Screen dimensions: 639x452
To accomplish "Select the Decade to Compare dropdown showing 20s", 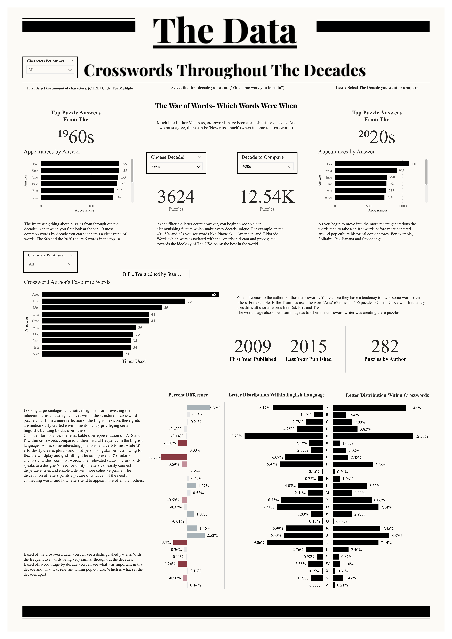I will (267, 166).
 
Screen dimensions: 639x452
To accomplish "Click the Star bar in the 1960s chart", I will (80, 171).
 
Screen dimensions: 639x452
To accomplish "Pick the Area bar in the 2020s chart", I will (365, 171).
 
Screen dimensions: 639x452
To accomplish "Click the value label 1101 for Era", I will (415, 164).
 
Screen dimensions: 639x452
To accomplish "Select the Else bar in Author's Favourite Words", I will (113, 301).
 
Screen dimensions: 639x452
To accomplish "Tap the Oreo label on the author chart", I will (36, 321).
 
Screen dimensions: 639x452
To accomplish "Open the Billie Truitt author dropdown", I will (155, 274).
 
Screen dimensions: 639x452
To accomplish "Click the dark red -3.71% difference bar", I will (174, 457).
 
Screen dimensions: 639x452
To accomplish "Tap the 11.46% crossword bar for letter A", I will (369, 408).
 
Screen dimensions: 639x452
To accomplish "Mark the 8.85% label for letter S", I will (397, 535).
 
